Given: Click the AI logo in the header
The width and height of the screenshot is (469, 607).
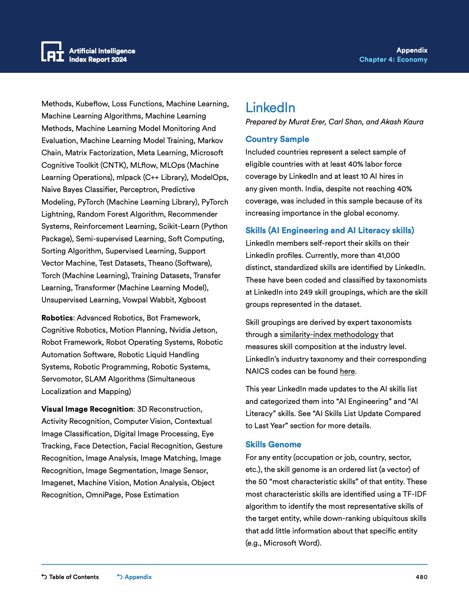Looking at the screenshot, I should (x=52, y=52).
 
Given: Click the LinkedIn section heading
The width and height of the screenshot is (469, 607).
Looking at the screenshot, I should (x=270, y=107).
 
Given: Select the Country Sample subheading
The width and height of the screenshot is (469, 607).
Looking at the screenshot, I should (x=277, y=139).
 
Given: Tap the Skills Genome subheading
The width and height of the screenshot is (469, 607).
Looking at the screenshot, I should (x=273, y=444).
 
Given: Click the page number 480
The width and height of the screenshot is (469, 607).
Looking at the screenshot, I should (x=421, y=577).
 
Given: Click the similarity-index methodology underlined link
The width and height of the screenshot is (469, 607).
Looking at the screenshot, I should (x=329, y=334).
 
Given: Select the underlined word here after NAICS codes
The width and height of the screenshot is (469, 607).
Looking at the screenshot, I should (x=347, y=371).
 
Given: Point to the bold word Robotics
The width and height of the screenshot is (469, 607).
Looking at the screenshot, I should (x=57, y=318).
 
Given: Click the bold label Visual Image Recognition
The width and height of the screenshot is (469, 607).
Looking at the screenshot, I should (x=87, y=409).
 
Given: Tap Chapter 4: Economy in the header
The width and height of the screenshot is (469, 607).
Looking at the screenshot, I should (x=393, y=60).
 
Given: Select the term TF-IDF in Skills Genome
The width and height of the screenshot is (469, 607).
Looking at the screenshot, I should (x=415, y=494).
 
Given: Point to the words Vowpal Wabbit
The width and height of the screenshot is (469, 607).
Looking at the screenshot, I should (x=149, y=300).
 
